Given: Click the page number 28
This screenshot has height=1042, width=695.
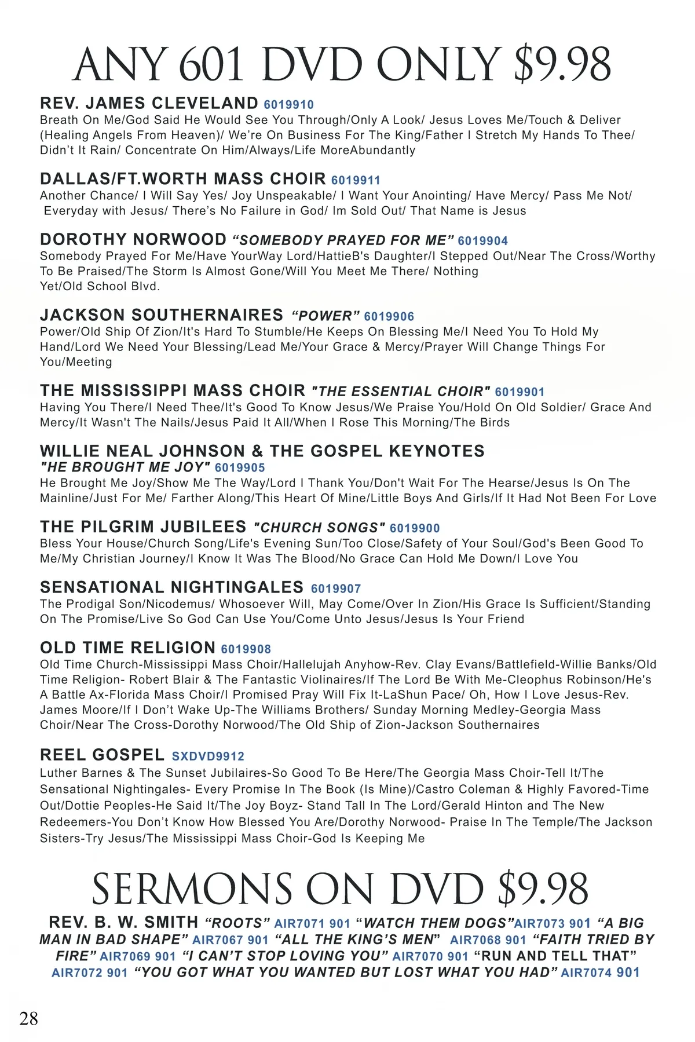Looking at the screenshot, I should (28, 1018).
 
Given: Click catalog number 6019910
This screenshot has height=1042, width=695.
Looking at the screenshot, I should (288, 105).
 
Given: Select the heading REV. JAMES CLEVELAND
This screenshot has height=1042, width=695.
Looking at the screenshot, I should (149, 103).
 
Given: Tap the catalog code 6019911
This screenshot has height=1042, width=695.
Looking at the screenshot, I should (356, 180).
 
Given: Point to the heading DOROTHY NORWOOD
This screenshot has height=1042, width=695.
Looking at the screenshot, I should (133, 239).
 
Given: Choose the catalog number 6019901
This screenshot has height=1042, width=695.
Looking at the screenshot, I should (520, 392).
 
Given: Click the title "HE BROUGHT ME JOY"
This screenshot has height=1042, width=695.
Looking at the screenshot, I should (125, 467).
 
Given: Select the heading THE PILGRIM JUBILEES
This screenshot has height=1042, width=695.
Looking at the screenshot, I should (143, 527).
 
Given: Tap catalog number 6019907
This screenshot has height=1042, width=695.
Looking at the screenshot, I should (336, 588).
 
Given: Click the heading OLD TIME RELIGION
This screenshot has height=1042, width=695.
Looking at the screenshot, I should (127, 648).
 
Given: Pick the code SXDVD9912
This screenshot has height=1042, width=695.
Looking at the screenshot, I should (208, 756).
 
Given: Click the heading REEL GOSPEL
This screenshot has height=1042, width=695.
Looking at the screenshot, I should (103, 755).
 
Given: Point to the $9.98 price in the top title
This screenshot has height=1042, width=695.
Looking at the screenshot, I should (562, 64).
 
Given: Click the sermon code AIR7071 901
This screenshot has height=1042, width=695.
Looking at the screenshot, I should (312, 923).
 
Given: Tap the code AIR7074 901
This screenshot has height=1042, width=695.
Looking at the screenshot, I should (600, 972).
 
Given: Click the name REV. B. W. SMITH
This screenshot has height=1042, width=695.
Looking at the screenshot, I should (124, 922).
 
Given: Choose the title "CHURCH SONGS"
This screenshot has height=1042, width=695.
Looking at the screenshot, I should (319, 528).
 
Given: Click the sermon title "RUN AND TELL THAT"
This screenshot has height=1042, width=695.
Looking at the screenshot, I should (555, 956).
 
